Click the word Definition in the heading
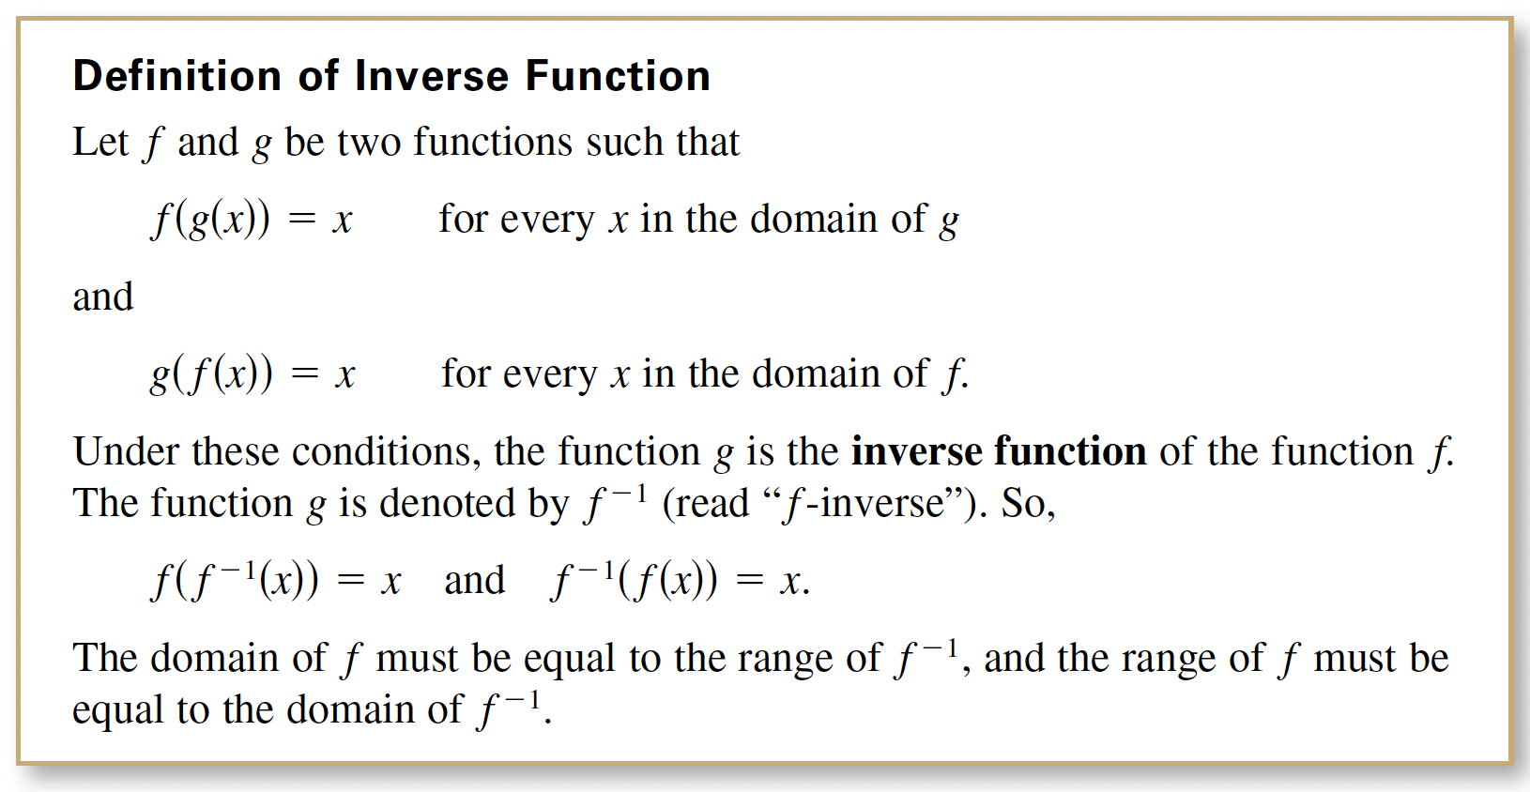click(176, 75)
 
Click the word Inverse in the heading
click(432, 75)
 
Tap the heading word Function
click(619, 75)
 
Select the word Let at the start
click(100, 142)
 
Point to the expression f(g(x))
click(210, 220)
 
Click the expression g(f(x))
click(212, 374)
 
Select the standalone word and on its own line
click(103, 297)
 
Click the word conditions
click(381, 452)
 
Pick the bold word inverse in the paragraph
click(915, 451)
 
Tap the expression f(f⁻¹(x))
click(235, 580)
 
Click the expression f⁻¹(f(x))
click(634, 580)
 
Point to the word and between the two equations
click(475, 580)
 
